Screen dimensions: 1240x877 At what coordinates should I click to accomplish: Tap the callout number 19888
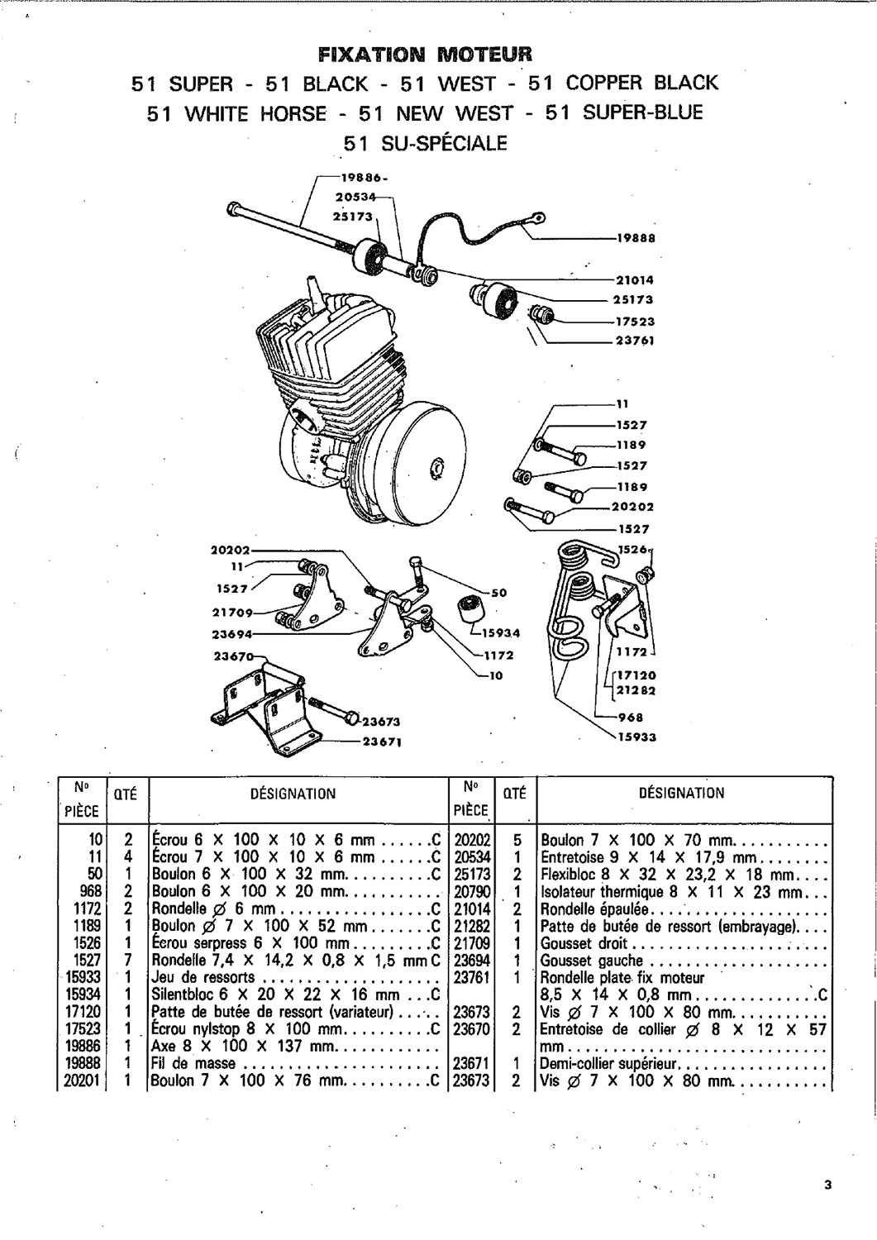point(636,238)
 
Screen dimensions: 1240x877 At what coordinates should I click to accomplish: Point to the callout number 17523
point(635,322)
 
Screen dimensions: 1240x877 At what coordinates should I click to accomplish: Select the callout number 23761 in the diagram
point(635,340)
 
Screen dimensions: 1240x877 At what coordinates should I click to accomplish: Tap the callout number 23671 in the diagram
point(382,742)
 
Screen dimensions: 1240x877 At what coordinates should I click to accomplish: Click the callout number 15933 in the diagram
point(637,736)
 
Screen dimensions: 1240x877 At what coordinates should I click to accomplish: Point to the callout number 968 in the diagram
point(632,718)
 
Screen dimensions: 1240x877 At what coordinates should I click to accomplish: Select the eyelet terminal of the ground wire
point(538,219)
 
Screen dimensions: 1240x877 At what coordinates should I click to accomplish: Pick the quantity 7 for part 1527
point(128,961)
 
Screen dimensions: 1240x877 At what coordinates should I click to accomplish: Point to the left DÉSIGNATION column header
point(293,794)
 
